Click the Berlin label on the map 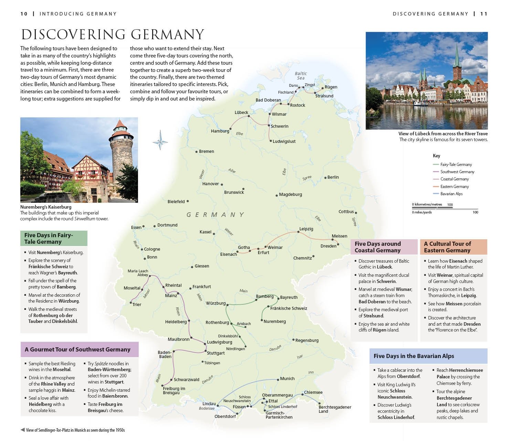tap(333, 177)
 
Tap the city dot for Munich tap(278, 380)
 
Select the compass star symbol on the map tap(160, 140)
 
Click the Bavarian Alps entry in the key tap(451, 194)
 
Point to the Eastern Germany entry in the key tap(454, 187)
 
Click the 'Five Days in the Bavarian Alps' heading tap(414, 356)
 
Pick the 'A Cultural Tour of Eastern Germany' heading tap(447, 247)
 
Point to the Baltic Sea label tap(301, 76)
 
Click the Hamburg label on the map tap(220, 131)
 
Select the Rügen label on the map tap(331, 87)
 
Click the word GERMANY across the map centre tap(215, 215)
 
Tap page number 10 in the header tap(24, 14)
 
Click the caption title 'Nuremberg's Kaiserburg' tap(46, 207)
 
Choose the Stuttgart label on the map tap(215, 353)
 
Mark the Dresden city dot tap(338, 244)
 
